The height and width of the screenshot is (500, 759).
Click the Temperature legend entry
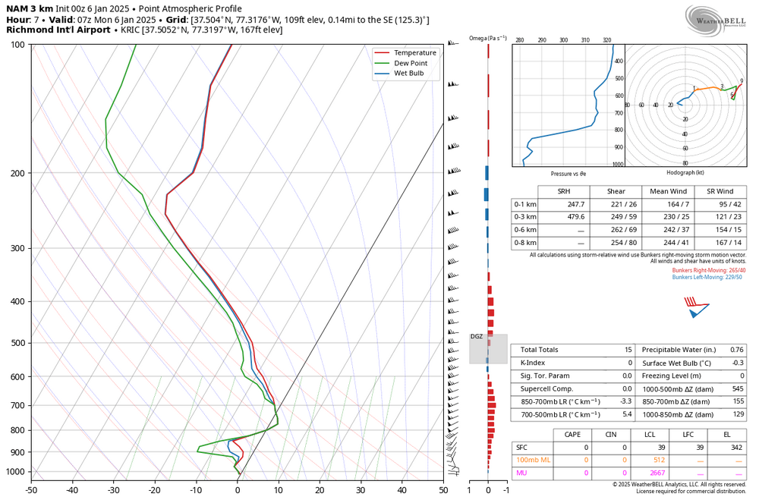(414, 52)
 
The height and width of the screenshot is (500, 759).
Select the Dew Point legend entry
(410, 63)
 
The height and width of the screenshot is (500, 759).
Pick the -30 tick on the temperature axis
(113, 490)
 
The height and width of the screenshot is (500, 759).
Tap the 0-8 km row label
(524, 243)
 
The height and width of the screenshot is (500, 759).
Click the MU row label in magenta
(521, 473)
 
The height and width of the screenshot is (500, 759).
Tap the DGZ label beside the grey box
(476, 336)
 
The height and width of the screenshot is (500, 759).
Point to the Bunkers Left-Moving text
(707, 277)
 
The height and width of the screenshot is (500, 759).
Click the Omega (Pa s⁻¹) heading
(487, 38)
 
